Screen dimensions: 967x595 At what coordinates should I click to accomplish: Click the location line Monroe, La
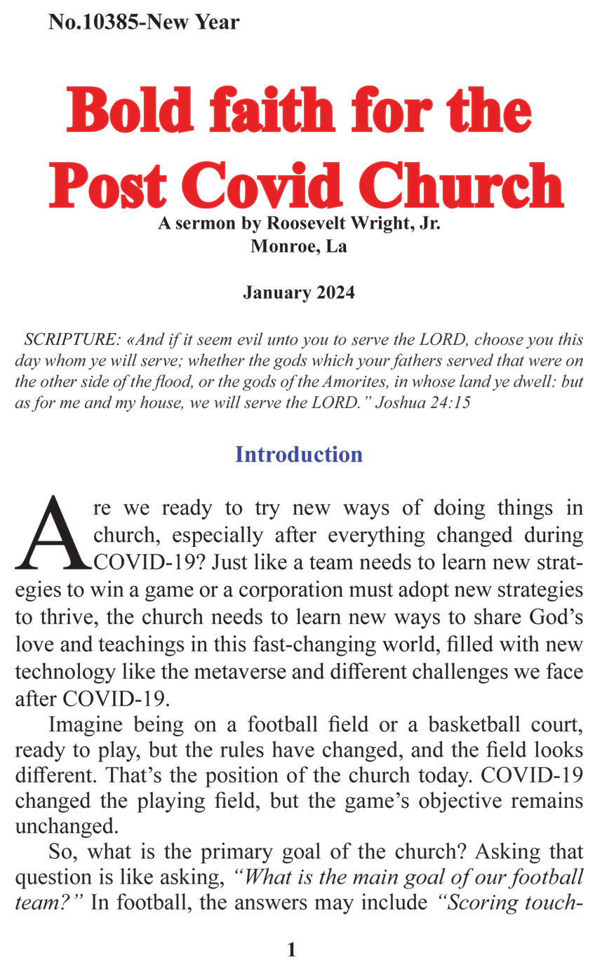click(298, 247)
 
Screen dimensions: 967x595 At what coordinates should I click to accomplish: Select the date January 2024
click(299, 292)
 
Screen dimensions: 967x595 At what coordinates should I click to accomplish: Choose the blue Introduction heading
click(298, 454)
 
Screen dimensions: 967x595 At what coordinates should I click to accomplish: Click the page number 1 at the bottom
click(292, 949)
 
